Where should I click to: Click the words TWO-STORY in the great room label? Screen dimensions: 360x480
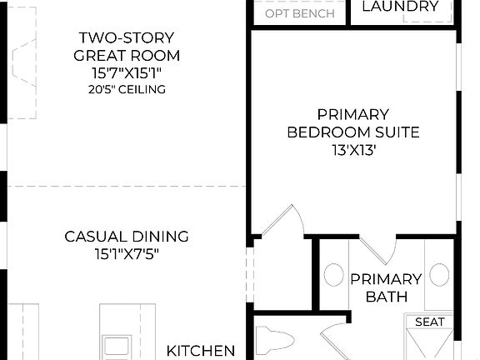point(127,37)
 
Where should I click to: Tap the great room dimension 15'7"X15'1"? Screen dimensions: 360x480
point(127,72)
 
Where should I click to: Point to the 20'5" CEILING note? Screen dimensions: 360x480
point(127,89)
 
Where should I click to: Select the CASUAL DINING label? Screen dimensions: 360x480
point(127,236)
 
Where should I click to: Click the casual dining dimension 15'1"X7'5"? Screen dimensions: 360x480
point(127,253)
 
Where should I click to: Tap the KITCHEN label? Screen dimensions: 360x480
point(201,351)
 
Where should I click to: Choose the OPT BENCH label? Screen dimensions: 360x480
point(300,13)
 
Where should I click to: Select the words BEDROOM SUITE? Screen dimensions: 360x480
point(352,132)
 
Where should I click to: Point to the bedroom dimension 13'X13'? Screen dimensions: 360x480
point(352,151)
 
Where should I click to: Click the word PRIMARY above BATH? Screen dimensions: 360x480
point(385,279)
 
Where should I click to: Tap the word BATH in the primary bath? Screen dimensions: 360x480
point(385,297)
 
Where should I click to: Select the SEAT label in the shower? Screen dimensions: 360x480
point(429,322)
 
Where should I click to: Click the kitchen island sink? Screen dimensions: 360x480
point(116,344)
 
